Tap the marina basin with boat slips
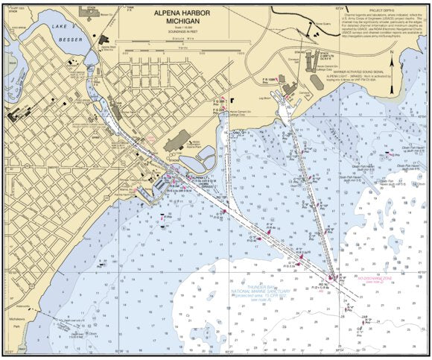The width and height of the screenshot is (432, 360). tap(159, 183)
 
